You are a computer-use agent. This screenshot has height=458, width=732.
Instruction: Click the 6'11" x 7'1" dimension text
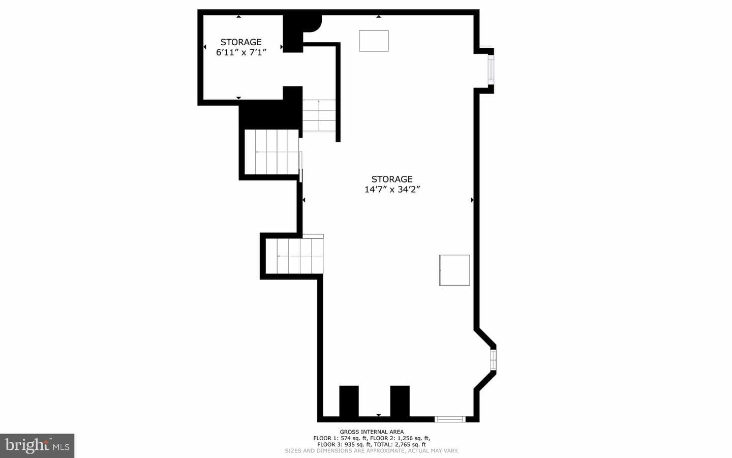point(241,52)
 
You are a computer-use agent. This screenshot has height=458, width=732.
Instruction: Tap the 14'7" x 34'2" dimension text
point(392,190)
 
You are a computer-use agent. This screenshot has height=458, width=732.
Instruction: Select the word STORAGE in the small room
point(241,42)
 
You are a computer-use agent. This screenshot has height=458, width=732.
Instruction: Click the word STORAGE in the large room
point(392,179)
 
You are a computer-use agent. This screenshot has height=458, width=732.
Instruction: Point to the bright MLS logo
point(37,446)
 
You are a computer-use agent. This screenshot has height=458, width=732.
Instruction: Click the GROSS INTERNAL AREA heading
point(372,432)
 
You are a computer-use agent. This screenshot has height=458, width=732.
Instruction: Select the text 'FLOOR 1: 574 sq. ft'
point(341,438)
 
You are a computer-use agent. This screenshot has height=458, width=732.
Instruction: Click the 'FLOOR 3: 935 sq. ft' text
point(345,445)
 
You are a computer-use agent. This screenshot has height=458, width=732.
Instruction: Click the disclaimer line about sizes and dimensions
point(372,451)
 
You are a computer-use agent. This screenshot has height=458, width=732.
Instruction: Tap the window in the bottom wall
point(450,419)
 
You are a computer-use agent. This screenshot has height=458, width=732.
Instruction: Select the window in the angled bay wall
point(493,360)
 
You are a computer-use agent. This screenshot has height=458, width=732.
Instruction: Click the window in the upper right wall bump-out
point(491,70)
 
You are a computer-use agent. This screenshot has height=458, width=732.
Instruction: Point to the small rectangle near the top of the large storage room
point(374,41)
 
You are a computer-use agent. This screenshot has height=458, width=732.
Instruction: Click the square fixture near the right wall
point(454,270)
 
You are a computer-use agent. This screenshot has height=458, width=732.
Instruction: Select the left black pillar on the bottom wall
point(349,401)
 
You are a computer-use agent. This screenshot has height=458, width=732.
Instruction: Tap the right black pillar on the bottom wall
point(400,401)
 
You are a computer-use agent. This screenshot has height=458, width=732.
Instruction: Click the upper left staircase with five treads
point(272,152)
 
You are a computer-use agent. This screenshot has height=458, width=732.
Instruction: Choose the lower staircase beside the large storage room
point(294,256)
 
